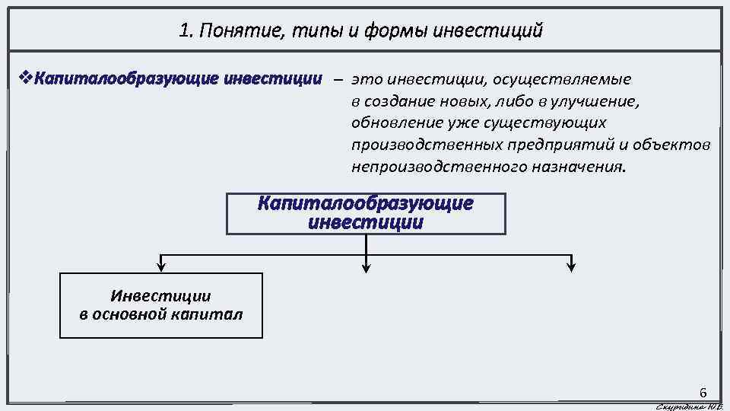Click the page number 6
point(703,393)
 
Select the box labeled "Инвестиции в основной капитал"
point(161,304)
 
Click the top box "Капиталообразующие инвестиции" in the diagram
point(366,213)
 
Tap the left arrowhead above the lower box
point(161,266)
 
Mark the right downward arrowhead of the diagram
point(572,266)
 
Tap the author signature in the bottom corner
point(687,406)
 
